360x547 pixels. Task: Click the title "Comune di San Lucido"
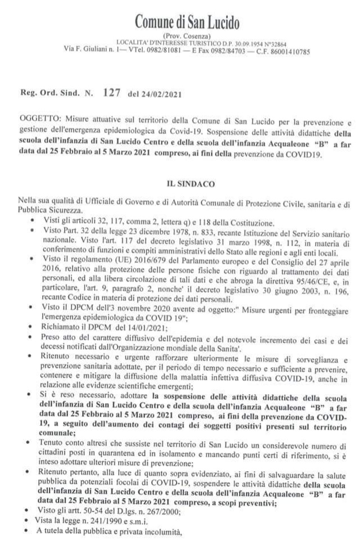point(187,22)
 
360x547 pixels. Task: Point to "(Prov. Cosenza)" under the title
point(187,37)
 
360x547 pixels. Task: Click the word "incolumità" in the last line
point(160,530)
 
